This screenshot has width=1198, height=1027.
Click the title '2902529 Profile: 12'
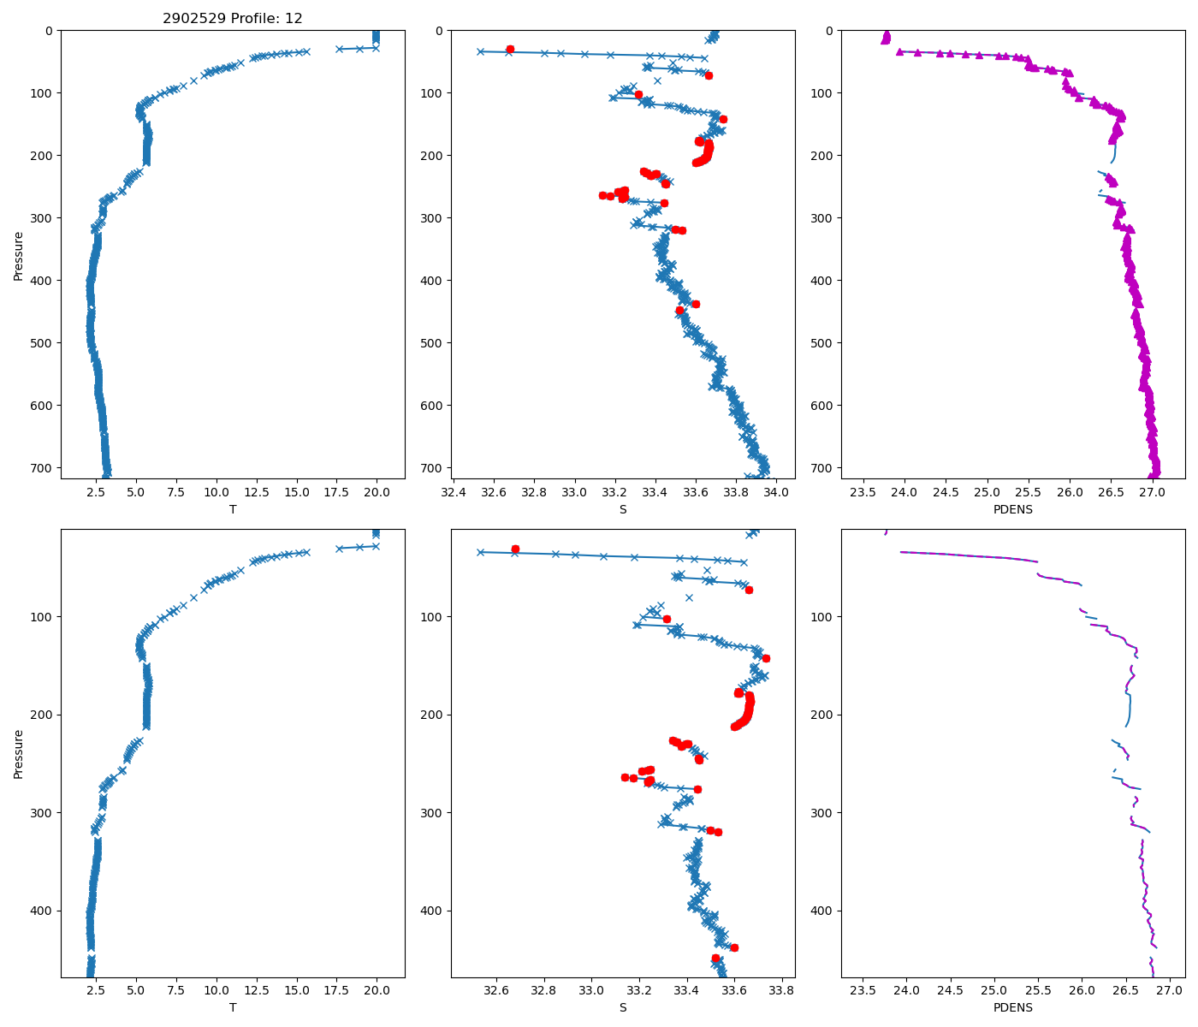[233, 19]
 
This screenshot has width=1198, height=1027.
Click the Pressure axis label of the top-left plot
[19, 255]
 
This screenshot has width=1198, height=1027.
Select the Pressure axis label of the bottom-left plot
[19, 753]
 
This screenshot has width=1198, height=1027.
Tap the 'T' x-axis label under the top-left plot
[233, 509]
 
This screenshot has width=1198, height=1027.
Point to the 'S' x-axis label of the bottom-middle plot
[623, 1007]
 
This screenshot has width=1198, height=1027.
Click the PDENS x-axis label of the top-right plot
[1013, 509]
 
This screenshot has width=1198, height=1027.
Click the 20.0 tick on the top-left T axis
[377, 492]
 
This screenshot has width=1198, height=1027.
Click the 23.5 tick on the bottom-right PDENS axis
[863, 990]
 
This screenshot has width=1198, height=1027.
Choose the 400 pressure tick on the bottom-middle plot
[433, 911]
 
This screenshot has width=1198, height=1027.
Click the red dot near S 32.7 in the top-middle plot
[510, 50]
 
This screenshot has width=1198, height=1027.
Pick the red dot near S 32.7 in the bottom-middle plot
[515, 549]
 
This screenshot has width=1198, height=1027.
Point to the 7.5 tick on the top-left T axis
[176, 492]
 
